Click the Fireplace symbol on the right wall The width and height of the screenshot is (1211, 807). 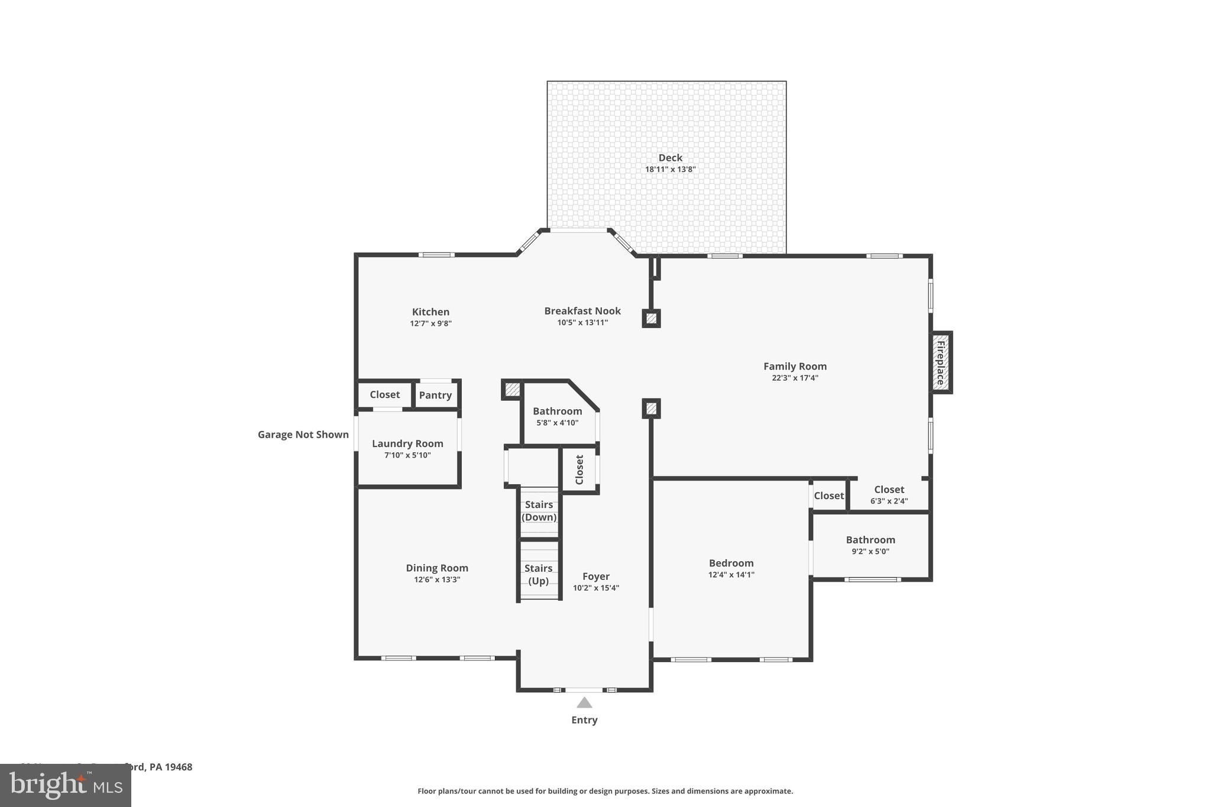point(940,362)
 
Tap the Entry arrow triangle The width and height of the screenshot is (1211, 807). point(584,702)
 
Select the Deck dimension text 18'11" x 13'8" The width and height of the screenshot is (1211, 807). point(670,170)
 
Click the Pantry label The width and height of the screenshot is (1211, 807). point(435,395)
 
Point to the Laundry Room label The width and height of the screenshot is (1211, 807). point(407,443)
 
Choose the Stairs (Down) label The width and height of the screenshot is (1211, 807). point(539,511)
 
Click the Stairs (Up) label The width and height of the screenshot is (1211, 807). point(538,574)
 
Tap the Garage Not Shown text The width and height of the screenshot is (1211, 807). point(303,435)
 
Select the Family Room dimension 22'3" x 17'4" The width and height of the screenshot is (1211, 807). point(795,378)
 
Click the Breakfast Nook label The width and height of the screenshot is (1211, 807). point(582,311)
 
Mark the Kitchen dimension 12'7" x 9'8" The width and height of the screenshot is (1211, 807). point(430,323)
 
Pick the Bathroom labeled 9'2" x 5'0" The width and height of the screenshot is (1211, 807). point(870,540)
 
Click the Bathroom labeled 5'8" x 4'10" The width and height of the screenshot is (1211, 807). point(557,411)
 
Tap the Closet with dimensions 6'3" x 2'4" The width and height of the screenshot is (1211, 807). point(889,490)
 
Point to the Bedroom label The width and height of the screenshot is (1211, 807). point(731,563)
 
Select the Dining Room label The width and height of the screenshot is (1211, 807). point(436,568)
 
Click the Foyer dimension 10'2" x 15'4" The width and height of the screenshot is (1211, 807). point(595,588)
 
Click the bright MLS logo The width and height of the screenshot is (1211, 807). point(66,785)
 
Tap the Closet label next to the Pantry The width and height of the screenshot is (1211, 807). point(384,394)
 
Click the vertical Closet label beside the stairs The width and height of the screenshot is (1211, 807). point(579,469)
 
